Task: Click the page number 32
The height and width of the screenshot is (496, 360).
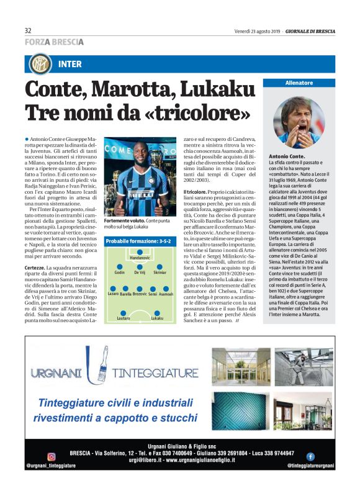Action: click(28, 31)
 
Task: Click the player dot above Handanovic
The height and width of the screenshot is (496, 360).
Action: click(140, 251)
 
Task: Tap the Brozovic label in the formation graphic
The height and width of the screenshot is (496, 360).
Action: click(140, 294)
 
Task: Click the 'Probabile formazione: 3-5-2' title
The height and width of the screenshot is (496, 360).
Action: click(135, 240)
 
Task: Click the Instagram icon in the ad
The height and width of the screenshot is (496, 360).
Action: click(29, 456)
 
